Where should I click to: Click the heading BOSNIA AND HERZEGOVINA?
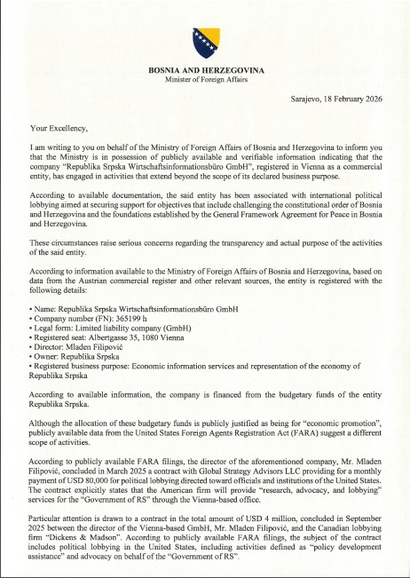coord(205,69)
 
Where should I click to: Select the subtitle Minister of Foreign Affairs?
coord(205,79)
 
